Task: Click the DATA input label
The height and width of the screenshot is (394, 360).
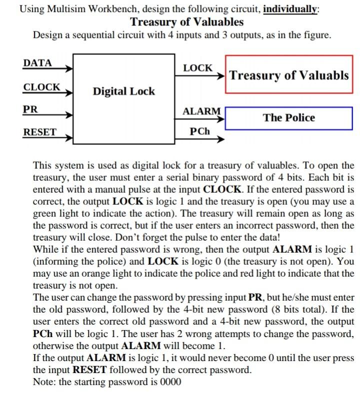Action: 37,63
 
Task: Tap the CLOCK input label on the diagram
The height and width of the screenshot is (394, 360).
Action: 41,87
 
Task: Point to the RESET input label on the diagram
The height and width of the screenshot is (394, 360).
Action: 39,132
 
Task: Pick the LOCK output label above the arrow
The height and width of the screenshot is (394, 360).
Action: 197,67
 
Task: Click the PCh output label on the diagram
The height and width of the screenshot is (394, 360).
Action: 200,132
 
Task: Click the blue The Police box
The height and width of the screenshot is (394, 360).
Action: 289,118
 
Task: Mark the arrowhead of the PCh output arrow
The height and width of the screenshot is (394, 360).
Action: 220,139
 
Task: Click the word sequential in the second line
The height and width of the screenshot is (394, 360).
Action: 104,35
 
